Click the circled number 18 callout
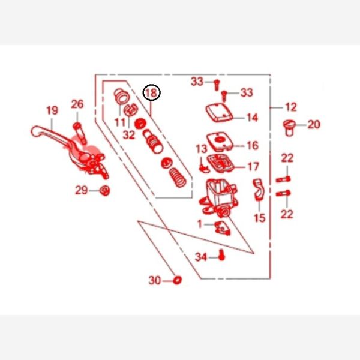[x=152, y=92]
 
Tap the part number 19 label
[x=52, y=110]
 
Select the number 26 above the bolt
[x=77, y=104]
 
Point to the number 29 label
[x=82, y=190]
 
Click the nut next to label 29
[x=104, y=190]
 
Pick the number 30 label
[x=155, y=280]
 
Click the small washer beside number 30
[x=177, y=280]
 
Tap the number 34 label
[x=201, y=257]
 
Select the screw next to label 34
[x=221, y=255]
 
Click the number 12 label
[x=291, y=107]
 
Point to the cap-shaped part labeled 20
[x=289, y=128]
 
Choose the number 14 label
[x=253, y=118]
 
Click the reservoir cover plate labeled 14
[x=219, y=113]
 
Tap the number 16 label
[x=253, y=145]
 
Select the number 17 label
[x=253, y=167]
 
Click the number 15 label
[x=259, y=218]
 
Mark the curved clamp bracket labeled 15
[x=259, y=190]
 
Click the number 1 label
[x=200, y=224]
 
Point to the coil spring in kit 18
[x=178, y=178]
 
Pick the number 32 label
[x=129, y=135]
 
